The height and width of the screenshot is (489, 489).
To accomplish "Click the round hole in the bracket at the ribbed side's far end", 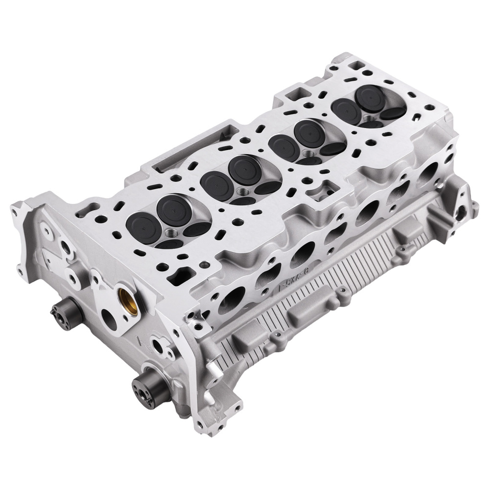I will click(x=461, y=211).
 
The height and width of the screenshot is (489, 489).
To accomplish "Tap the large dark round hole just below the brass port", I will click(x=111, y=323).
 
